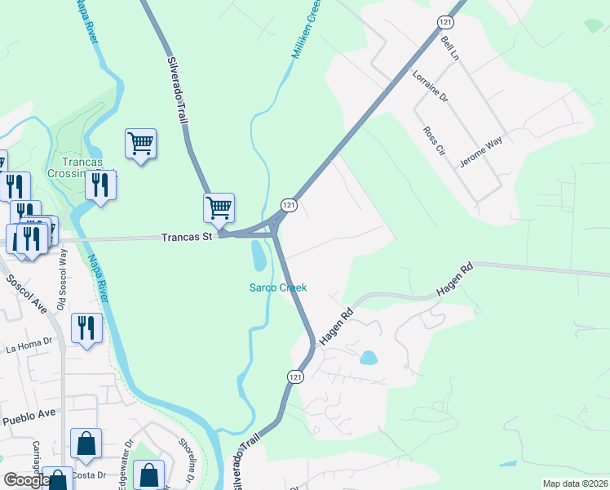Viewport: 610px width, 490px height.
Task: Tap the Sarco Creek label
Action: (277, 287)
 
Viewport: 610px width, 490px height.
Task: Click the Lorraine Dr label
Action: (431, 85)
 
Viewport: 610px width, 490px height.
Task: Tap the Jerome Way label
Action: (480, 151)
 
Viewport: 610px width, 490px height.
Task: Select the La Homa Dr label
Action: (29, 346)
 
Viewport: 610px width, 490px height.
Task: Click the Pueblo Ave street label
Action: (29, 416)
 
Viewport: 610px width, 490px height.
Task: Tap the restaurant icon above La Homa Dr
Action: (86, 328)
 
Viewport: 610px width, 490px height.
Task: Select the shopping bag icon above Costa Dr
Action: (86, 443)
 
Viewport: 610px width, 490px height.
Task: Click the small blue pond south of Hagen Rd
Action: (369, 358)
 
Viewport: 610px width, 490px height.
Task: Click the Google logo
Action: (26, 480)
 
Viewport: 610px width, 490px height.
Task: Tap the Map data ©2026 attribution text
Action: (575, 483)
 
